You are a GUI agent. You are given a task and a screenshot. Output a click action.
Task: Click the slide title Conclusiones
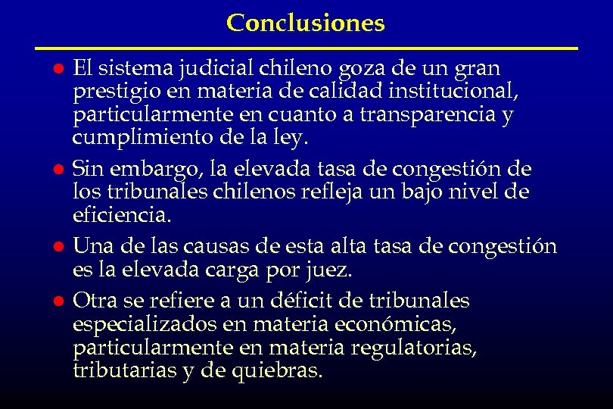click(306, 23)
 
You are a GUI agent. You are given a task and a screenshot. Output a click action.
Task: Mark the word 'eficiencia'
click(121, 215)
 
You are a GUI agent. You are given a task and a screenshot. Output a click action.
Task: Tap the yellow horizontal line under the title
click(306, 48)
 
